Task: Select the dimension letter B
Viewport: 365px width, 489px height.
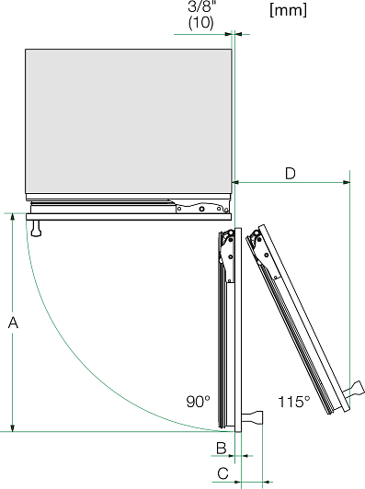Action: click(x=222, y=448)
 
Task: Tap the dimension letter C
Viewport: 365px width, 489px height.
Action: click(x=222, y=473)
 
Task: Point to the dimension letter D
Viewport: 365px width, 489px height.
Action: click(x=291, y=174)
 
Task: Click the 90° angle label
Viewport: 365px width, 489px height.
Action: click(x=198, y=402)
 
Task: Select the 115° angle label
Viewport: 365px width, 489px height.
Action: click(x=294, y=402)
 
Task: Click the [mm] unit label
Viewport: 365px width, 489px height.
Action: click(x=289, y=10)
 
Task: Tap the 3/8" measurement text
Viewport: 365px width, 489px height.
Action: click(x=201, y=6)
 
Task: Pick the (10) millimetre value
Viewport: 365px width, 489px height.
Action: click(x=201, y=23)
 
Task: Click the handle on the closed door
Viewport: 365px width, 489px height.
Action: click(x=36, y=228)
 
